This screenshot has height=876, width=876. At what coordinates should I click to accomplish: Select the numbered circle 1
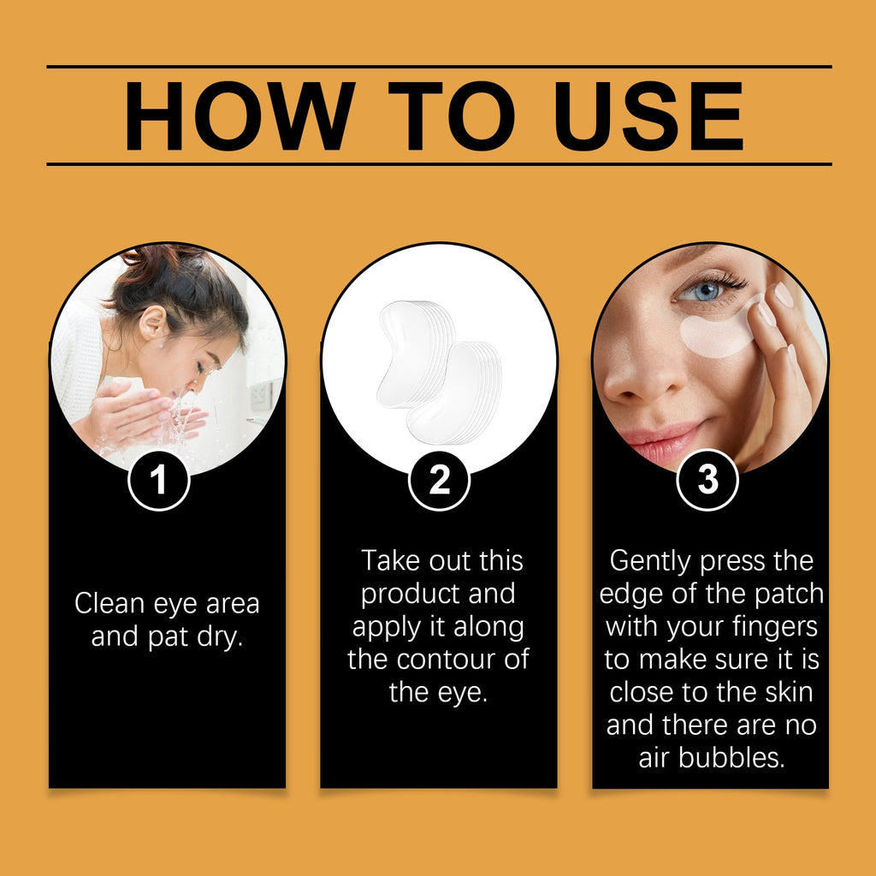(158, 481)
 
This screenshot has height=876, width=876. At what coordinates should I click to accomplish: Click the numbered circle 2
(439, 481)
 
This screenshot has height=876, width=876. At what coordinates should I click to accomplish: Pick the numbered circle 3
(707, 481)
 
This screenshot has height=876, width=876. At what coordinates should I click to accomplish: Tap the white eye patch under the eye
(717, 335)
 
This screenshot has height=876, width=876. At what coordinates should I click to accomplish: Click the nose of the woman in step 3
(630, 376)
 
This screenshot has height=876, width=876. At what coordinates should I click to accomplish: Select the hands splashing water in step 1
(141, 415)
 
